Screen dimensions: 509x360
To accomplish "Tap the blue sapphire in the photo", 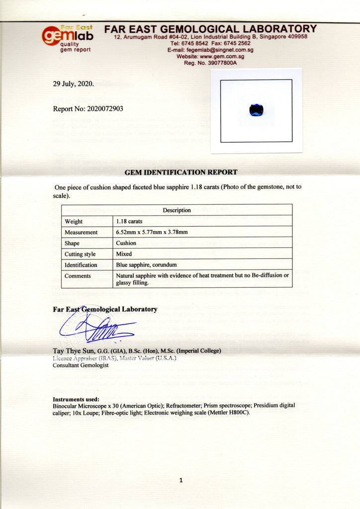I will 256,110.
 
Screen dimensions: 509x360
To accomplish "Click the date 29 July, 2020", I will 73,84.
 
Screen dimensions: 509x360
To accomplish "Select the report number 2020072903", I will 88,108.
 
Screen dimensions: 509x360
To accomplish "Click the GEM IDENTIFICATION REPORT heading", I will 180,172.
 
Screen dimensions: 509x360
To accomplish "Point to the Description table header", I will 177,210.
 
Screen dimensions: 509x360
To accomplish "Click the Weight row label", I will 74,221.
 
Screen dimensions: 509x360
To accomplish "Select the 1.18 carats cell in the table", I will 129,221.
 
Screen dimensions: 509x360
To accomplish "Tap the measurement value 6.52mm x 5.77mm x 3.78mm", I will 152,232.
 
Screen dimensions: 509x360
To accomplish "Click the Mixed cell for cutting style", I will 124,254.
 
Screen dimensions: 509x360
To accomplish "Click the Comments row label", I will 78,276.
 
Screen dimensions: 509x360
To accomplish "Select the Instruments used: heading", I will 76,399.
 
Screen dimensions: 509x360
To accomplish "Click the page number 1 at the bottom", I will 180,480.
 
